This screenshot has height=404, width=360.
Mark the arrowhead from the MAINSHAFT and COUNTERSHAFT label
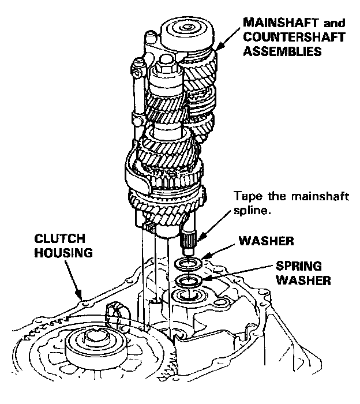[217, 47]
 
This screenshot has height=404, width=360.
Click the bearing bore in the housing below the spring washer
[187, 298]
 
